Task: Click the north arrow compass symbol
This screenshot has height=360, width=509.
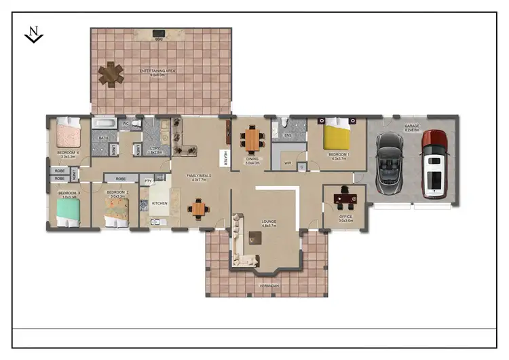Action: pos(33,34)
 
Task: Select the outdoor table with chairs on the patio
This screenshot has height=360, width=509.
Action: pos(110,74)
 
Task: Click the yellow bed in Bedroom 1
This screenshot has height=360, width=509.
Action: pos(337,134)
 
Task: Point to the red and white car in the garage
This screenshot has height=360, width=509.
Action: pos(433,163)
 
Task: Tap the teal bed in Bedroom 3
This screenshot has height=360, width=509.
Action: pos(68,211)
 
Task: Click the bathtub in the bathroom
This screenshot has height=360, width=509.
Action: pos(105,124)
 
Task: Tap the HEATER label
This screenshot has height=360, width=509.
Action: pos(223,158)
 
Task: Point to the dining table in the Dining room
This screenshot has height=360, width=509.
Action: pos(252,141)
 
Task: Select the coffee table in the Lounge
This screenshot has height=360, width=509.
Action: pos(255,238)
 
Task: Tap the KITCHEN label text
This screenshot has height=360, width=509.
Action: pos(159,203)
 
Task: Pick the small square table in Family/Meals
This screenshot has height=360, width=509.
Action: pos(198,209)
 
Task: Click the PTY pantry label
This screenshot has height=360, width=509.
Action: pos(148,181)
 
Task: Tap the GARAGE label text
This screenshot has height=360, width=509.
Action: pos(412,126)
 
